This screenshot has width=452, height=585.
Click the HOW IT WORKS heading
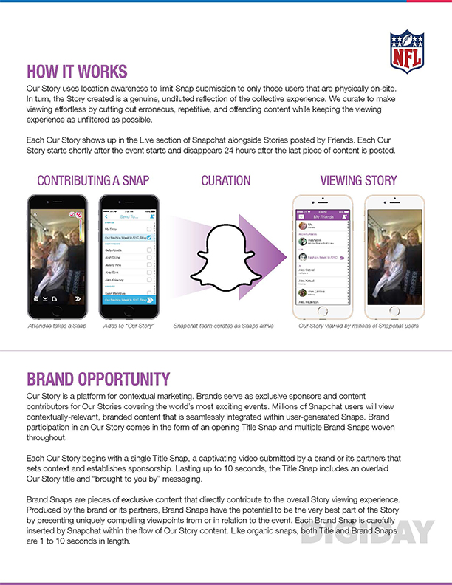click(77, 72)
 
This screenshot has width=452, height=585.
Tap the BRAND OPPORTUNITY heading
click(98, 380)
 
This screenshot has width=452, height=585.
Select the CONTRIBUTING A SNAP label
click(88, 180)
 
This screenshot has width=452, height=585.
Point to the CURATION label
click(225, 180)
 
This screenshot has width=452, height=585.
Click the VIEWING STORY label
click(358, 180)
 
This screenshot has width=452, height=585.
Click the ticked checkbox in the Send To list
click(150, 238)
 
